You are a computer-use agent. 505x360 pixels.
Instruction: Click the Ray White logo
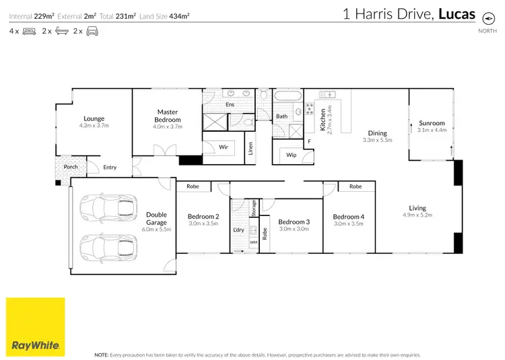(35, 326)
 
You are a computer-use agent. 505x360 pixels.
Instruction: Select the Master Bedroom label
(167, 116)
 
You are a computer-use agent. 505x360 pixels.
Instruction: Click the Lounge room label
(94, 119)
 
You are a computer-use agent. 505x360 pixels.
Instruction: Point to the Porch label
(71, 167)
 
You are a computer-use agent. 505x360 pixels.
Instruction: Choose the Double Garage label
(156, 219)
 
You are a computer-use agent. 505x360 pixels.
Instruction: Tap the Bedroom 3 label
(294, 222)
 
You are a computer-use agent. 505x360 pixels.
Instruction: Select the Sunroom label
(432, 123)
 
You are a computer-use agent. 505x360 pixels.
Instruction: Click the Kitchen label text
(323, 119)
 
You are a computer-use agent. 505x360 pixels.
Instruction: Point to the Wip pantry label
(291, 155)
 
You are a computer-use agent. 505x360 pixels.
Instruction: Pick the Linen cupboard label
(250, 149)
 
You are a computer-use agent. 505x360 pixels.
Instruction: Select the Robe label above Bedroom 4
(355, 186)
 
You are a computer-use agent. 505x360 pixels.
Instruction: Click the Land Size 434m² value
(179, 15)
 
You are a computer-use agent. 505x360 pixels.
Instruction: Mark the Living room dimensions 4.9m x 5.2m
(417, 215)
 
